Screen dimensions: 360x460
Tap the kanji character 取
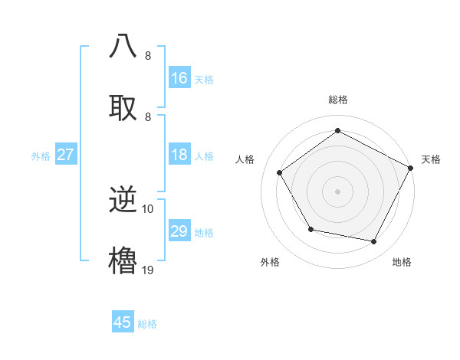click(123, 106)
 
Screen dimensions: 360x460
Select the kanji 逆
click(123, 202)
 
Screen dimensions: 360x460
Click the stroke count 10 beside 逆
click(148, 209)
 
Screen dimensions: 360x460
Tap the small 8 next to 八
click(148, 55)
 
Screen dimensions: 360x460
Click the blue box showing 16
click(179, 78)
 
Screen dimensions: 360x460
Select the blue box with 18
click(179, 155)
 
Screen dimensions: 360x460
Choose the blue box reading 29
click(179, 231)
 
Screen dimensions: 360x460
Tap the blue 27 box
click(66, 155)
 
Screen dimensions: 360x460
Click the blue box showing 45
click(123, 322)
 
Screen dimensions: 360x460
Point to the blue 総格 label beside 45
click(147, 324)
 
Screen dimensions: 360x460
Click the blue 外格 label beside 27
click(41, 156)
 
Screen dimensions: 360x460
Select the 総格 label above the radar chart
click(337, 100)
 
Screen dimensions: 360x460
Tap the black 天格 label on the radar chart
click(431, 159)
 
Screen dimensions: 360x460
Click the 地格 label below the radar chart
click(402, 262)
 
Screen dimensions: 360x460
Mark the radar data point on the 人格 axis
click(280, 172)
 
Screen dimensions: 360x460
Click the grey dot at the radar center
click(337, 191)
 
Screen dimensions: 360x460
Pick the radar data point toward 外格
click(310, 229)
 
